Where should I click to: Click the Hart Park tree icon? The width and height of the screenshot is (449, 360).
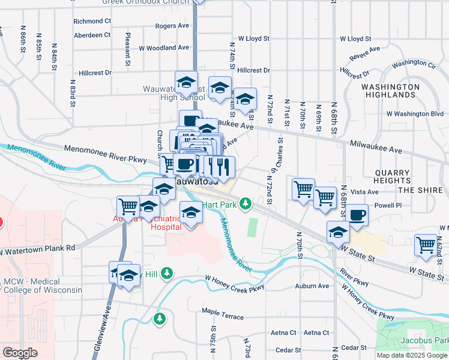coord(245,205)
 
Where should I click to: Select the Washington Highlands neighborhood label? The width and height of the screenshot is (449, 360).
coord(390,91)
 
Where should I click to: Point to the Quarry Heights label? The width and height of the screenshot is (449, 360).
coord(392,176)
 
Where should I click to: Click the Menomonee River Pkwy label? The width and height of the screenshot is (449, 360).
coord(104,154)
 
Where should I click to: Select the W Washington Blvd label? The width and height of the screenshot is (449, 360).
coord(415,113)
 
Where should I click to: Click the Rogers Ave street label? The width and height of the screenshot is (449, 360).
coord(172,26)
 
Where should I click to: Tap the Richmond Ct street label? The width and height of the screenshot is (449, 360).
coord(92,21)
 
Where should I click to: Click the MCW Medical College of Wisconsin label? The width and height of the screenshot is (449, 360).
coord(41,286)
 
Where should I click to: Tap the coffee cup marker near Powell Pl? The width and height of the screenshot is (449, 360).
coord(358,214)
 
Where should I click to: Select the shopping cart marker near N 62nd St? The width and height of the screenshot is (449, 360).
coord(426,245)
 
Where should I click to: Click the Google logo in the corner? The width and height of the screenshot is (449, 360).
coord(20,353)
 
